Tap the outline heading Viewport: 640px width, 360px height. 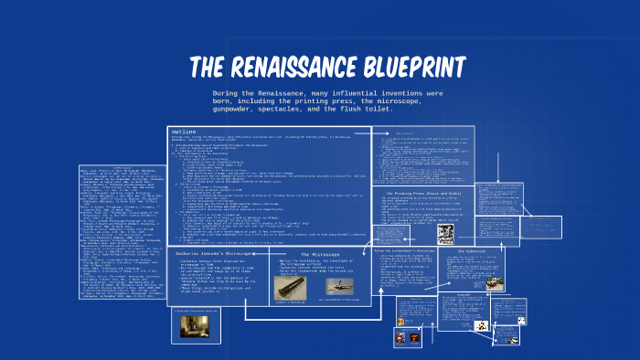184,132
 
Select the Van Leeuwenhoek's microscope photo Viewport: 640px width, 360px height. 343,288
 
